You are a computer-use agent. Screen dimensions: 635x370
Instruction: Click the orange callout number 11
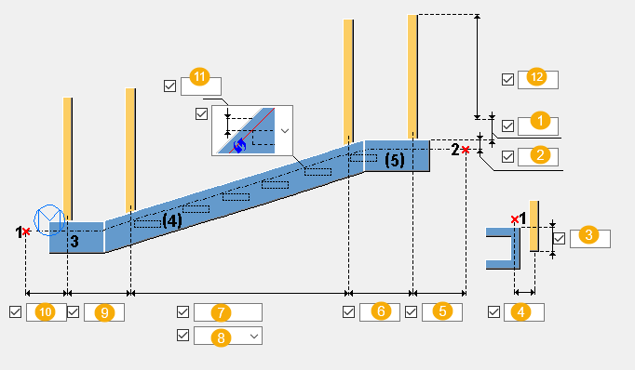pyautogui.click(x=199, y=76)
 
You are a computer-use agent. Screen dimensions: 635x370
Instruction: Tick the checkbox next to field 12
pyautogui.click(x=507, y=79)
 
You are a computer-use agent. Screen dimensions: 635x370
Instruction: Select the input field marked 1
pyautogui.click(x=538, y=126)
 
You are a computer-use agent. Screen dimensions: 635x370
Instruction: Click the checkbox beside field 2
pyautogui.click(x=507, y=156)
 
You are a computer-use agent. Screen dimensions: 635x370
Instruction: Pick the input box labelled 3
pyautogui.click(x=590, y=239)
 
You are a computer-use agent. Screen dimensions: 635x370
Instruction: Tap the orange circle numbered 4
pyautogui.click(x=520, y=312)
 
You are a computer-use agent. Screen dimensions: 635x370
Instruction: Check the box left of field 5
pyautogui.click(x=411, y=312)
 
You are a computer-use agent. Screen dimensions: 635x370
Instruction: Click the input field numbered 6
pyautogui.click(x=380, y=312)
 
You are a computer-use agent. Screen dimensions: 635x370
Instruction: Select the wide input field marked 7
pyautogui.click(x=227, y=312)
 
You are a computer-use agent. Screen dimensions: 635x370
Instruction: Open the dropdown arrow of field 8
pyautogui.click(x=254, y=336)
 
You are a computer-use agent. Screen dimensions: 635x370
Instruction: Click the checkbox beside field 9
pyautogui.click(x=73, y=312)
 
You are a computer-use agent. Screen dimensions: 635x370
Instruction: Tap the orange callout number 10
pyautogui.click(x=46, y=312)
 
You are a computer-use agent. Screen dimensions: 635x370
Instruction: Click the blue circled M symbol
pyautogui.click(x=49, y=219)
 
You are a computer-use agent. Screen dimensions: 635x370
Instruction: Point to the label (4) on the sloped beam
pyautogui.click(x=172, y=220)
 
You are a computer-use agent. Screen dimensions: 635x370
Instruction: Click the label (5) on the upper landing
pyautogui.click(x=395, y=160)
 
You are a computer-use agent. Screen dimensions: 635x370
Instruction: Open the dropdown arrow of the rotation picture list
pyautogui.click(x=285, y=130)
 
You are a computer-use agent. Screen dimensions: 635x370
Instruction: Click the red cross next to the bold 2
pyautogui.click(x=466, y=150)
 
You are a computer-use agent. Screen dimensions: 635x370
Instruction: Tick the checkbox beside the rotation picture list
pyautogui.click(x=201, y=113)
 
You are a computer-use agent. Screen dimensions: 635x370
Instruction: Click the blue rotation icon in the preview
pyautogui.click(x=239, y=145)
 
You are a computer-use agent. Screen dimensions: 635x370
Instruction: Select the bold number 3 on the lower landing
pyautogui.click(x=74, y=241)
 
